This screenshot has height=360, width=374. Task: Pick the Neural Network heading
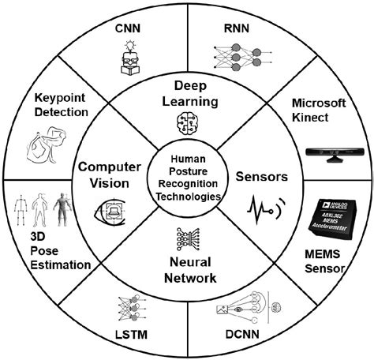188,262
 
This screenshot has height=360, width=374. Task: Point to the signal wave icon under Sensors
261,208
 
